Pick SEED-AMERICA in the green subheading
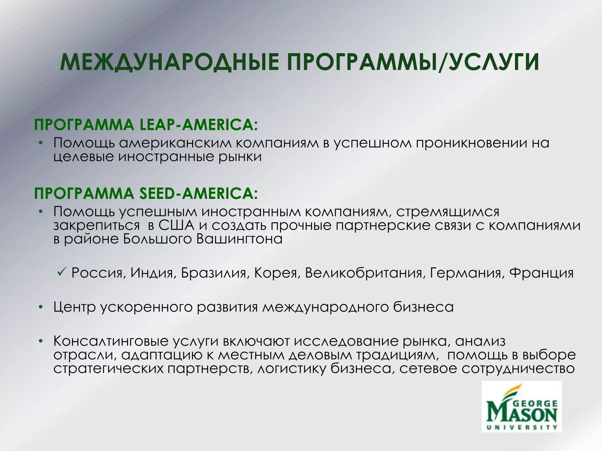pyautogui.click(x=198, y=193)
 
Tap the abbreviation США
pyautogui.click(x=177, y=225)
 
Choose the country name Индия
pyautogui.click(x=152, y=273)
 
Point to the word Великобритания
pyautogui.click(x=364, y=273)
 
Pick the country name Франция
pyautogui.click(x=541, y=273)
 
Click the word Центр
pyautogui.click(x=75, y=307)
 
